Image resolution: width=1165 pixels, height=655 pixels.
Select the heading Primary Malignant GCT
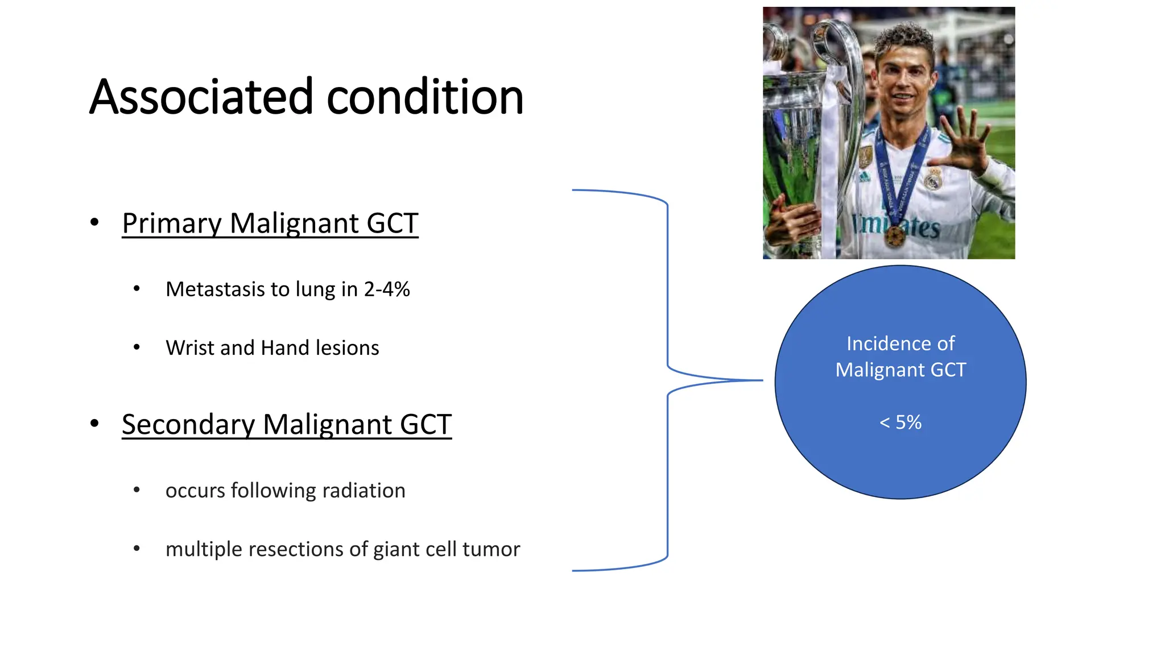pyautogui.click(x=270, y=223)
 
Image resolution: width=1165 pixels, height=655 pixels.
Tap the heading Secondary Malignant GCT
pyautogui.click(x=287, y=424)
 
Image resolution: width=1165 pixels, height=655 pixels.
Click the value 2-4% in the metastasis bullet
pyautogui.click(x=387, y=289)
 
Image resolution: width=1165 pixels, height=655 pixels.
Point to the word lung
pyautogui.click(x=315, y=290)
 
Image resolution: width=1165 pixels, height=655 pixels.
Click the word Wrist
pyautogui.click(x=190, y=348)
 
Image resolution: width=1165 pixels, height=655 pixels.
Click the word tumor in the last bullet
pyautogui.click(x=491, y=549)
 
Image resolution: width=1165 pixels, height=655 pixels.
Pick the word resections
pyautogui.click(x=296, y=549)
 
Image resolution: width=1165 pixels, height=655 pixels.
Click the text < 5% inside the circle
pyautogui.click(x=900, y=422)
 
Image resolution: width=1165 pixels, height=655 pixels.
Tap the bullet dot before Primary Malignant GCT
pyautogui.click(x=94, y=222)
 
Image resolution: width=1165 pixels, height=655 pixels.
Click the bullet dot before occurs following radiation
pyautogui.click(x=137, y=490)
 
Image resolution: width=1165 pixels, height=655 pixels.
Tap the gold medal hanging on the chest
pyautogui.click(x=895, y=236)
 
